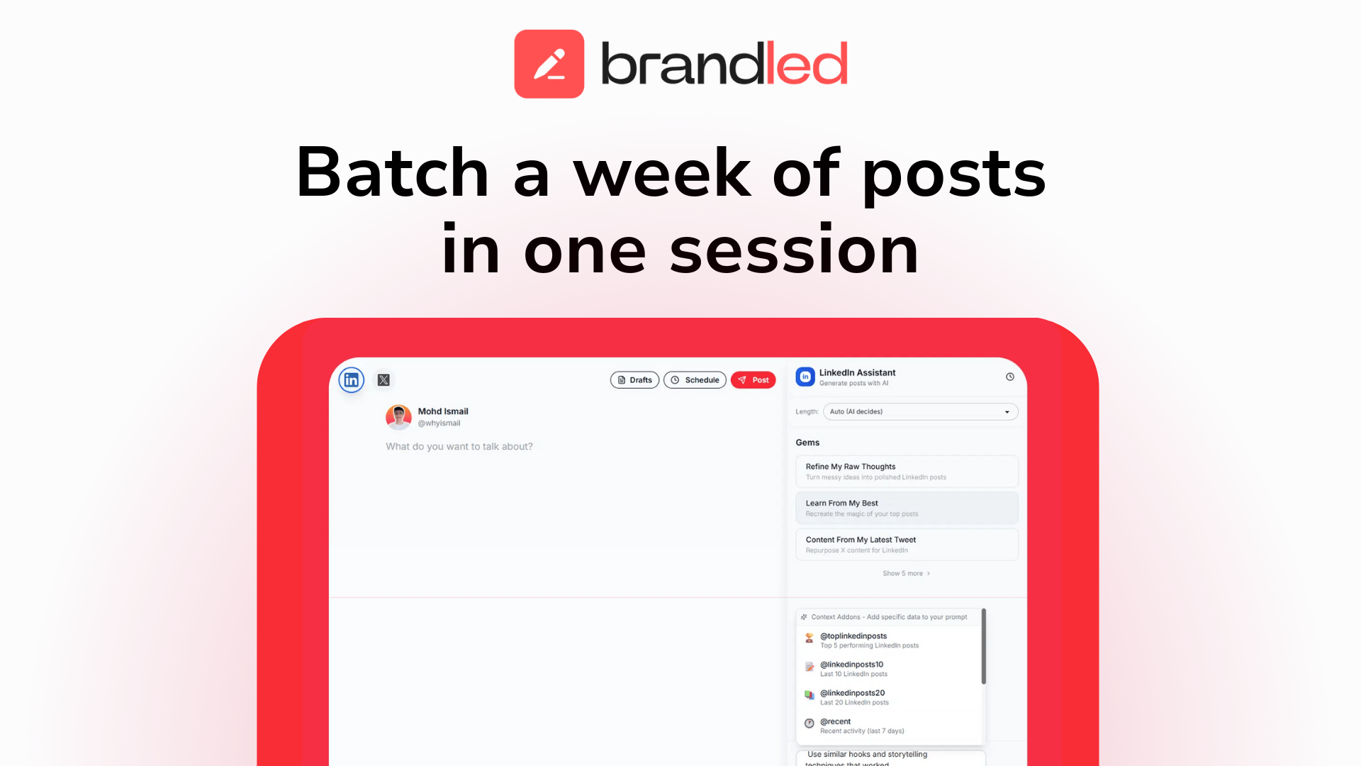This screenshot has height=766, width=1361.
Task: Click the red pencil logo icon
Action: [549, 64]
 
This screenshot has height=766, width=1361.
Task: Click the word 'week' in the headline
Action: [661, 173]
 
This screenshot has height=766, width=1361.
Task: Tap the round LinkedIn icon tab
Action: [352, 380]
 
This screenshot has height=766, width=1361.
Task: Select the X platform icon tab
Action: [383, 380]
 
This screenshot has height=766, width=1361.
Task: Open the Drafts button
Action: [634, 380]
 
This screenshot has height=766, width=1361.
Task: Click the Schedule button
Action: [695, 380]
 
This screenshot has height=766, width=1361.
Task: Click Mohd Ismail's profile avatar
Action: [398, 417]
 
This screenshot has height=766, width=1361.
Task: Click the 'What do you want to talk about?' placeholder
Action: [459, 446]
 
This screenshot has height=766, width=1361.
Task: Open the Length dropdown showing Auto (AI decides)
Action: [919, 411]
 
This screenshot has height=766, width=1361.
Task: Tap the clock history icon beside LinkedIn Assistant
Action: [1009, 377]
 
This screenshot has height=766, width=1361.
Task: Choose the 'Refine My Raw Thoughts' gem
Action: [906, 471]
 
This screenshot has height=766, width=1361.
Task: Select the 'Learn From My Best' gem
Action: [906, 508]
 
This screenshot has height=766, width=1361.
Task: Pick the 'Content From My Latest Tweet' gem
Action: [906, 544]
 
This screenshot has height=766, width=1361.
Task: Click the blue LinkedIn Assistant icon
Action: [805, 377]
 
